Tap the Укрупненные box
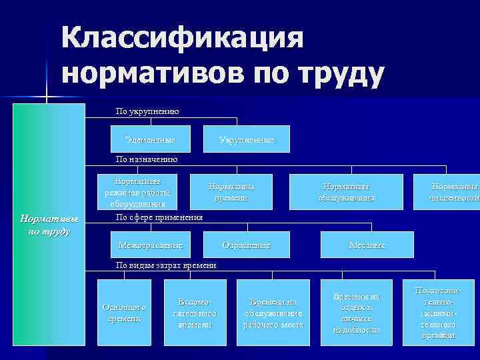(x=246, y=139)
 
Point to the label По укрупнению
(x=147, y=110)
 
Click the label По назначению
(x=147, y=159)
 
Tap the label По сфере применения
(x=159, y=217)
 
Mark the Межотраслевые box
(x=151, y=245)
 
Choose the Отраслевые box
(x=246, y=245)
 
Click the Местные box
(x=367, y=245)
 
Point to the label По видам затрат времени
(x=166, y=265)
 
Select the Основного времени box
(x=123, y=312)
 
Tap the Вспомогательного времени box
(x=195, y=313)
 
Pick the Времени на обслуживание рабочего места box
(x=273, y=313)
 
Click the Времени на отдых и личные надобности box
(x=356, y=313)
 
